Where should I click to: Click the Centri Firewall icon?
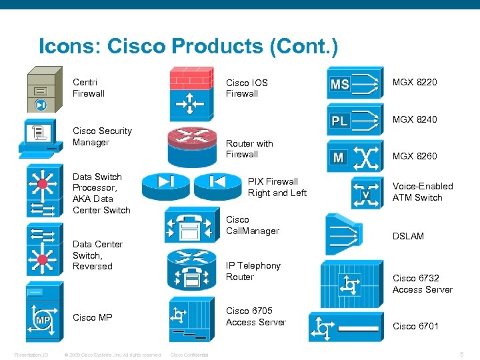tap(41, 91)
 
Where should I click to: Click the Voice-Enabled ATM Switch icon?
tap(365, 191)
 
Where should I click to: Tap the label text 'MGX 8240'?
tap(415, 119)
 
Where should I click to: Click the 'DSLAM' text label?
tap(408, 236)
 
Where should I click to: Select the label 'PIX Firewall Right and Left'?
tap(277, 187)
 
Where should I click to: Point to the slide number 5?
tap(461, 354)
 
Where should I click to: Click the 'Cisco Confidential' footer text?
tap(190, 355)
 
